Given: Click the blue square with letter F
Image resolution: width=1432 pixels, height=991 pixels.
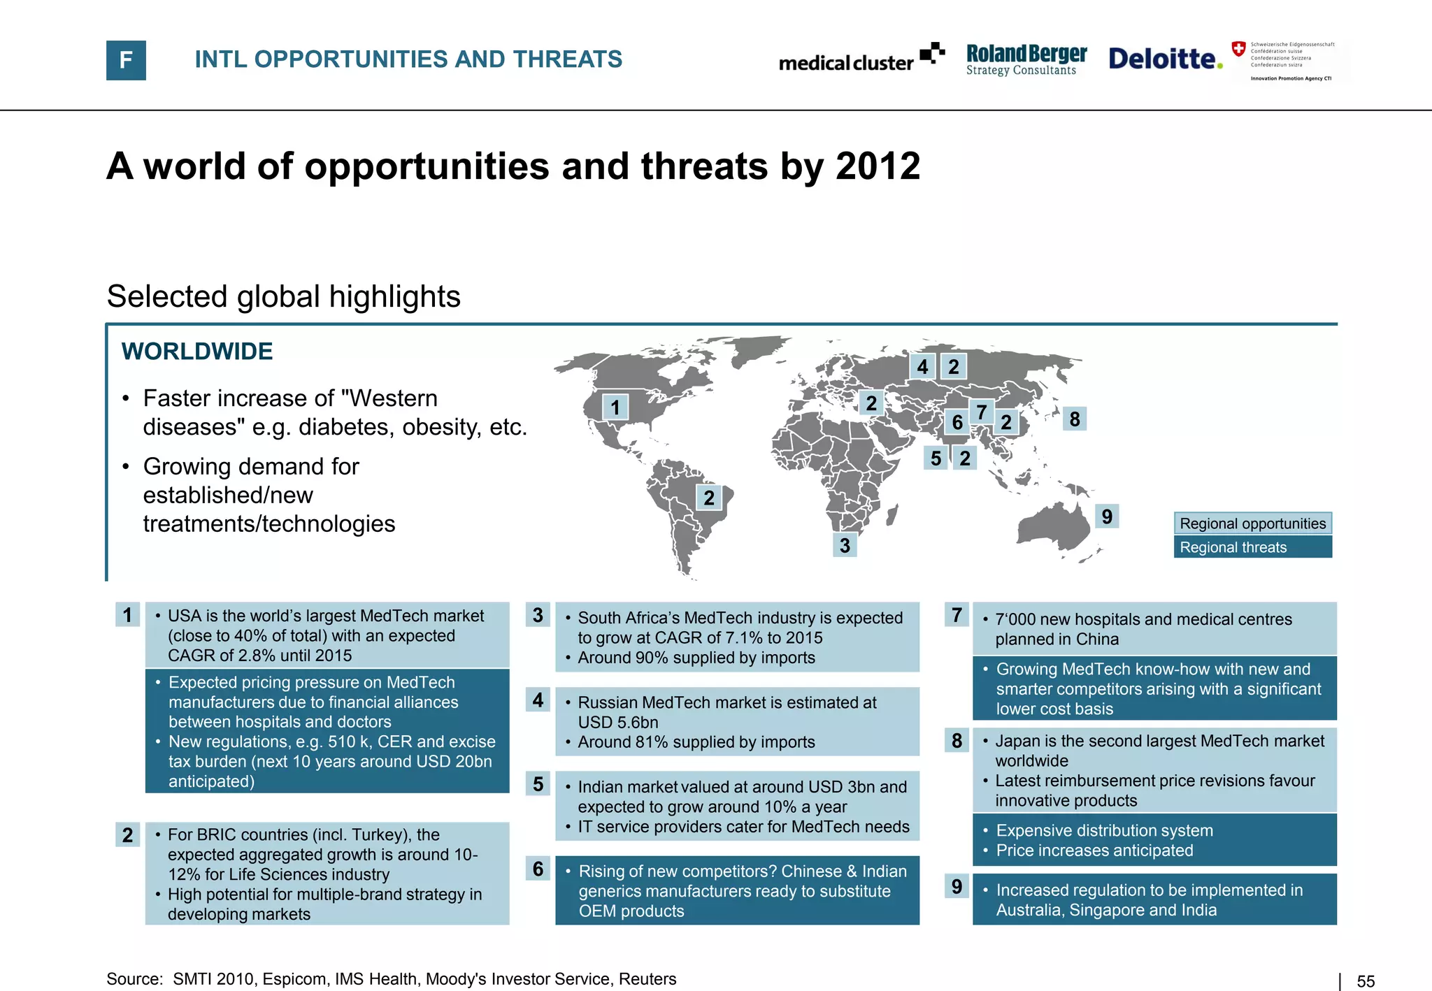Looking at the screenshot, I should pyautogui.click(x=126, y=60).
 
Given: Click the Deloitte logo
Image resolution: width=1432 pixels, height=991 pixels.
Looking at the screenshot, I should pyautogui.click(x=1165, y=59).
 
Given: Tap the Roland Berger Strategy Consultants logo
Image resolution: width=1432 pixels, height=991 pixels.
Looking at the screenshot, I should pyautogui.click(x=1026, y=59).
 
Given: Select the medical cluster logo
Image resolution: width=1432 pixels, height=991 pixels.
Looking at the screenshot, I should pyautogui.click(x=861, y=59).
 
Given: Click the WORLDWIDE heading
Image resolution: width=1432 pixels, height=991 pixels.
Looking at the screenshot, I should pyautogui.click(x=197, y=352).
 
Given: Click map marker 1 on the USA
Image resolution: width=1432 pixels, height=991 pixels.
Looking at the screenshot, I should pyautogui.click(x=615, y=407).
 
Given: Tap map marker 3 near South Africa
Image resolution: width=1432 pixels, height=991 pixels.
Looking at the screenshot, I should pyautogui.click(x=845, y=545).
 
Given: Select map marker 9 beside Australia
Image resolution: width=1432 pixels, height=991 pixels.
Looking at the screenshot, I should pyautogui.click(x=1107, y=516).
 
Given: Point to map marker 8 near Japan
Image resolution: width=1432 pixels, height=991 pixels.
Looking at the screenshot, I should pyautogui.click(x=1075, y=419).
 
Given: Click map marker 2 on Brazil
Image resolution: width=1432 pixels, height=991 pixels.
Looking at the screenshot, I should pyautogui.click(x=709, y=498).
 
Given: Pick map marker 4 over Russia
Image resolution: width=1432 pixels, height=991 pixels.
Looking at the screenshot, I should pyautogui.click(x=922, y=367).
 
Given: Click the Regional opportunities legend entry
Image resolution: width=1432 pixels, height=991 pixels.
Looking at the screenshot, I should pyautogui.click(x=1252, y=523).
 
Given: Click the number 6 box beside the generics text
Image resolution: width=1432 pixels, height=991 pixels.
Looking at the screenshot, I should pyautogui.click(x=538, y=869).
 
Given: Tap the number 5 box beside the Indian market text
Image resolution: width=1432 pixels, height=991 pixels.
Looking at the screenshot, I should pyautogui.click(x=538, y=784).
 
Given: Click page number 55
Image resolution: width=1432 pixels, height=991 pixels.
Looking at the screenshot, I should pyautogui.click(x=1366, y=981).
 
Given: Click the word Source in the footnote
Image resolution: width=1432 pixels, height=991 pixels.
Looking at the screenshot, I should pyautogui.click(x=134, y=979).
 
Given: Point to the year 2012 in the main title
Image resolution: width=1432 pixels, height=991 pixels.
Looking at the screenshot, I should pyautogui.click(x=878, y=166).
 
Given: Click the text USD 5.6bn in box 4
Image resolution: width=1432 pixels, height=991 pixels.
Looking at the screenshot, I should pyautogui.click(x=618, y=722).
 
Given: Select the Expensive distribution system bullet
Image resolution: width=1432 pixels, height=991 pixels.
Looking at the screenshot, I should pyautogui.click(x=1104, y=830).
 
